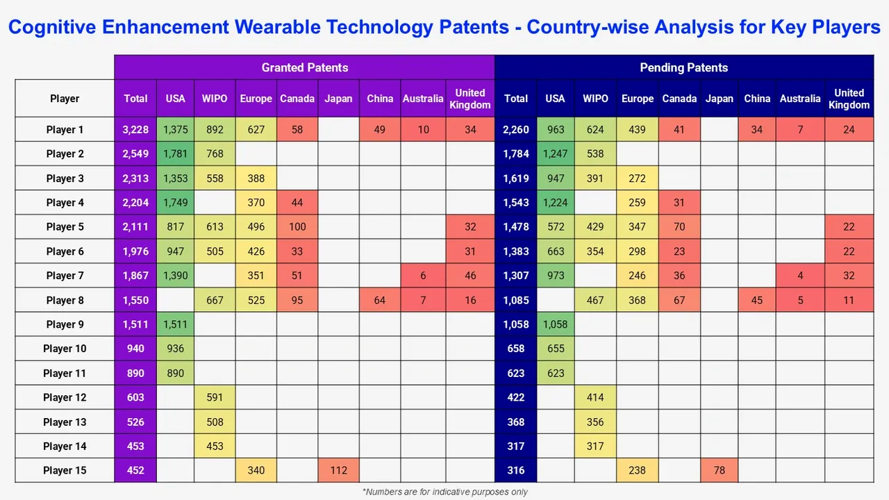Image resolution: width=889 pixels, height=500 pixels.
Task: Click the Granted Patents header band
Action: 304,67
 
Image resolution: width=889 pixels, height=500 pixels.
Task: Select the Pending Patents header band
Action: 683,67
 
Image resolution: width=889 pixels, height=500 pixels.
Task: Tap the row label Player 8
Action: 65,300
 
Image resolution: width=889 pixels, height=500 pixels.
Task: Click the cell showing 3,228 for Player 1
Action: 135,129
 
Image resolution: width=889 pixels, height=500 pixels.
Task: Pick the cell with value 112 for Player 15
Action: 338,470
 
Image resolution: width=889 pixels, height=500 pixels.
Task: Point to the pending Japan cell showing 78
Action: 719,470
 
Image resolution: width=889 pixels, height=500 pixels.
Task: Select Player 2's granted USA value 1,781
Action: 175,153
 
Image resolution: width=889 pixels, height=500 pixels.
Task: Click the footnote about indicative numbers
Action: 444,492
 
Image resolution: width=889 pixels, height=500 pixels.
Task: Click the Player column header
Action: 65,99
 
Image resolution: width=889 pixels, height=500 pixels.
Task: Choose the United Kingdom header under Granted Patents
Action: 470,99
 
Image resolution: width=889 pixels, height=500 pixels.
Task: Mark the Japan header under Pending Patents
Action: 719,99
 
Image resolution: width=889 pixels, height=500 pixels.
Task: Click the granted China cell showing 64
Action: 380,300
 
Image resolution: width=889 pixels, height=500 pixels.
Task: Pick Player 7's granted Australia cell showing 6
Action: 423,276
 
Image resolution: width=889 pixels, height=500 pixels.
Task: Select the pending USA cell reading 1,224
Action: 555,203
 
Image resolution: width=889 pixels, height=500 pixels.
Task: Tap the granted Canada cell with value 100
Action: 297,227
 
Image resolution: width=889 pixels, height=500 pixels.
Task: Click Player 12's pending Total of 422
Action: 515,397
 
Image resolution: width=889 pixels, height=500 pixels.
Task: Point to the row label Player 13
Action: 65,422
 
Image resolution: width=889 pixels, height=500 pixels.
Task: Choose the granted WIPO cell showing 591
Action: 215,397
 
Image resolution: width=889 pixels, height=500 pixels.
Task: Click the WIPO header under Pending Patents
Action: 595,99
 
